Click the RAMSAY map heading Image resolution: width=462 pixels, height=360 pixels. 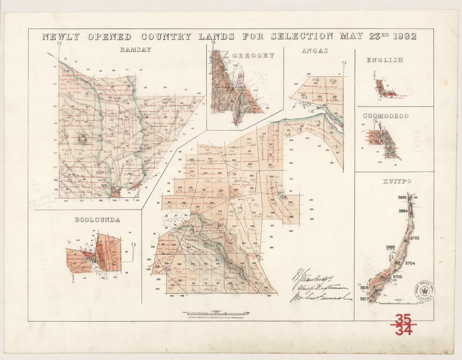pyautogui.click(x=135, y=50)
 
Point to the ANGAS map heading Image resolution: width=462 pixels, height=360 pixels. pyautogui.click(x=314, y=50)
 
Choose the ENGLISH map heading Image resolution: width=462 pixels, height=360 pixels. pyautogui.click(x=384, y=60)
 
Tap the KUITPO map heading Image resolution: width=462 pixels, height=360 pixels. pyautogui.click(x=393, y=182)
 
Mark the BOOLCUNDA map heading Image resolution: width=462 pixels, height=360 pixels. pyautogui.click(x=97, y=220)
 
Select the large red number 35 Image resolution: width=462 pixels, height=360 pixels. pyautogui.click(x=403, y=318)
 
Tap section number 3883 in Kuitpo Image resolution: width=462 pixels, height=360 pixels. pyautogui.click(x=389, y=247)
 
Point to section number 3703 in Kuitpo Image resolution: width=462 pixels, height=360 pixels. pyautogui.click(x=414, y=238)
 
